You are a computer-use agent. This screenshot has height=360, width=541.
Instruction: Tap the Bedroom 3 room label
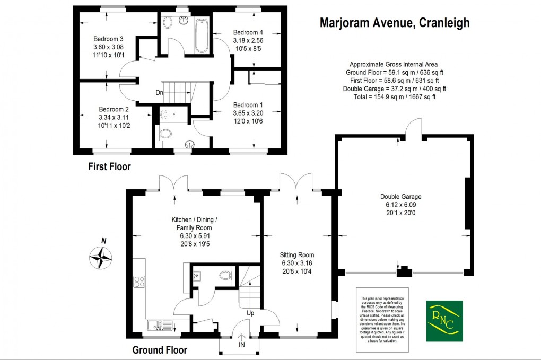tap(108, 39)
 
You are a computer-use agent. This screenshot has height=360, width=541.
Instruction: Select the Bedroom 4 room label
tap(248, 33)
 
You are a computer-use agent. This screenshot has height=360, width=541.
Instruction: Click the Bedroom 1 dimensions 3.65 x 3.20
tap(248, 113)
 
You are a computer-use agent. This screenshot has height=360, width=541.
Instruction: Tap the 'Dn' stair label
tap(159, 93)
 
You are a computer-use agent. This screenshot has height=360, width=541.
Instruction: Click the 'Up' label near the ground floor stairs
tap(250, 313)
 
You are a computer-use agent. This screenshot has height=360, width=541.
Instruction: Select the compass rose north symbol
tap(101, 258)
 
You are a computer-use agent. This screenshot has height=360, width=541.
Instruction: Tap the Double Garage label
tap(400, 196)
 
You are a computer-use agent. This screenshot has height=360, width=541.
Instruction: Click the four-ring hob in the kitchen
tap(140, 282)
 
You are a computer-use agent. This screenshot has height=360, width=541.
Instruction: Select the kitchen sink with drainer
tap(158, 324)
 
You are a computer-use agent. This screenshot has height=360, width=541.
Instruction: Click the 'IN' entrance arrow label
tap(242, 344)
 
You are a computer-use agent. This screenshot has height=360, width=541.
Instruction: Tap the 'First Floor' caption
tap(109, 166)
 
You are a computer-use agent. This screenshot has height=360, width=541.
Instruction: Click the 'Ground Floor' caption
tap(159, 350)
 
